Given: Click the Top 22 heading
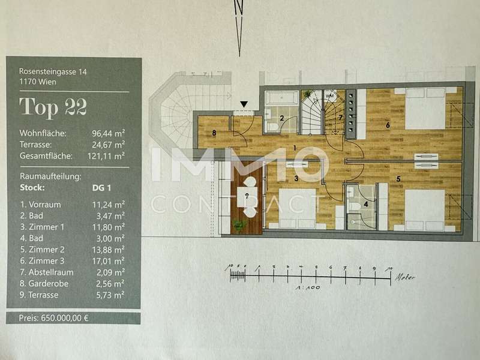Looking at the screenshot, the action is coord(53,107).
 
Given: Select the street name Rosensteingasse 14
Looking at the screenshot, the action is coord(53,71).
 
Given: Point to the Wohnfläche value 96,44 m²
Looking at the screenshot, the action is coord(109,133).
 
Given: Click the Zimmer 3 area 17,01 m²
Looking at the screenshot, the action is coord(109,261).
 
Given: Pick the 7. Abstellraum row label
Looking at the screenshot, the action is coord(47,272).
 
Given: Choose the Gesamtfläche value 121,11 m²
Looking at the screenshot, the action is coord(106,156).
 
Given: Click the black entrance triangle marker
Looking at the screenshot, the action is coord(244,104).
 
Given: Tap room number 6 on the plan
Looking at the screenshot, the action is coord(388,125).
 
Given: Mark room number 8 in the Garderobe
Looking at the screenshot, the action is coord(214,133).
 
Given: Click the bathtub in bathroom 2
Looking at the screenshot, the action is coord(281,98).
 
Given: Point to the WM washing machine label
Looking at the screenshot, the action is coord(329,96).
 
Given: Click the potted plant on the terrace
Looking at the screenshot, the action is coord(239,225).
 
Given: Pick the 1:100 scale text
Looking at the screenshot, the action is coord(308,288).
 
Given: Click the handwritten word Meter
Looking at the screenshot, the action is coord(405,278).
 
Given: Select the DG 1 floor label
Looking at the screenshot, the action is coord(101,188).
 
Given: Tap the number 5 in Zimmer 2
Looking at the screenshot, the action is coord(398,179).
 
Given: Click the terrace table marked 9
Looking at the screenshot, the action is coord(247,197).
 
